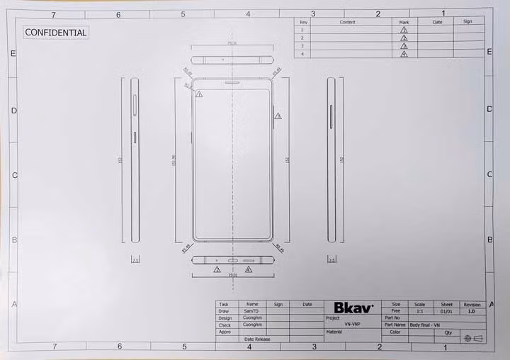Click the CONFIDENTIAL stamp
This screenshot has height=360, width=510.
click(x=56, y=32)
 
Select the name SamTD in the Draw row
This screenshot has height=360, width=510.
click(x=251, y=311)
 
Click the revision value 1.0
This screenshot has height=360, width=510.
click(x=471, y=311)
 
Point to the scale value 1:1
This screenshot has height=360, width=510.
click(x=419, y=311)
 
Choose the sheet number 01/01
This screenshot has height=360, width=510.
click(x=446, y=311)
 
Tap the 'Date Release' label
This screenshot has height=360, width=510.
click(x=257, y=339)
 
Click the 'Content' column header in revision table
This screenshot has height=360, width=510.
click(x=347, y=22)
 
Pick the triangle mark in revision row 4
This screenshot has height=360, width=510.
click(x=404, y=54)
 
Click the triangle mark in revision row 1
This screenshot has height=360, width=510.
click(x=404, y=30)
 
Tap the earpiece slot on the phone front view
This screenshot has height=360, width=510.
click(x=232, y=83)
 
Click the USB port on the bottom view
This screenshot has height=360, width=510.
click(x=232, y=260)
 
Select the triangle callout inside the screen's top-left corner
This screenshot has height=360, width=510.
click(x=199, y=94)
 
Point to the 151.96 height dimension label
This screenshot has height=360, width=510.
click(x=174, y=161)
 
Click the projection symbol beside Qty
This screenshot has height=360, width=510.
click(x=472, y=338)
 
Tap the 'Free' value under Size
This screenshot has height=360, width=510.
click(x=395, y=311)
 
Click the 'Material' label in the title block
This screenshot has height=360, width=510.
click(x=334, y=332)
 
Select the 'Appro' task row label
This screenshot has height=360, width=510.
click(x=225, y=332)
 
